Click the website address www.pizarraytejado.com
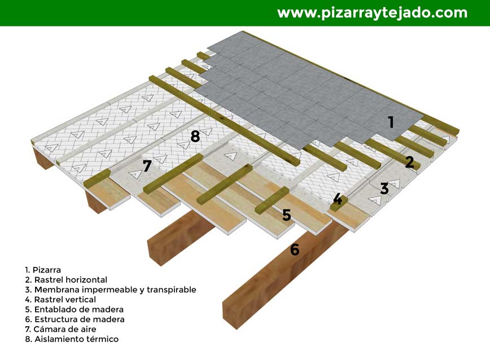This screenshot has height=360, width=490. (372, 14)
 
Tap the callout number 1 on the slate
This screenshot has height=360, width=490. (391, 122)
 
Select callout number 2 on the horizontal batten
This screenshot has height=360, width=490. (410, 162)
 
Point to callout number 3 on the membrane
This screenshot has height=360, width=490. (384, 189)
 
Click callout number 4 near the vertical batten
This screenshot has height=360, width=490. (338, 199)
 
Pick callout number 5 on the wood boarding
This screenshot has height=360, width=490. (287, 215)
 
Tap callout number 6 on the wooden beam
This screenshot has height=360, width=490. (295, 249)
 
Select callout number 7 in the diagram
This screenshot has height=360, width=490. (147, 166)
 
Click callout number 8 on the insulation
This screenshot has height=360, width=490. (195, 137)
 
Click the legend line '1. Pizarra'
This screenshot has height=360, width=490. (43, 270)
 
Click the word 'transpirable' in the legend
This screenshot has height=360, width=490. (172, 290)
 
